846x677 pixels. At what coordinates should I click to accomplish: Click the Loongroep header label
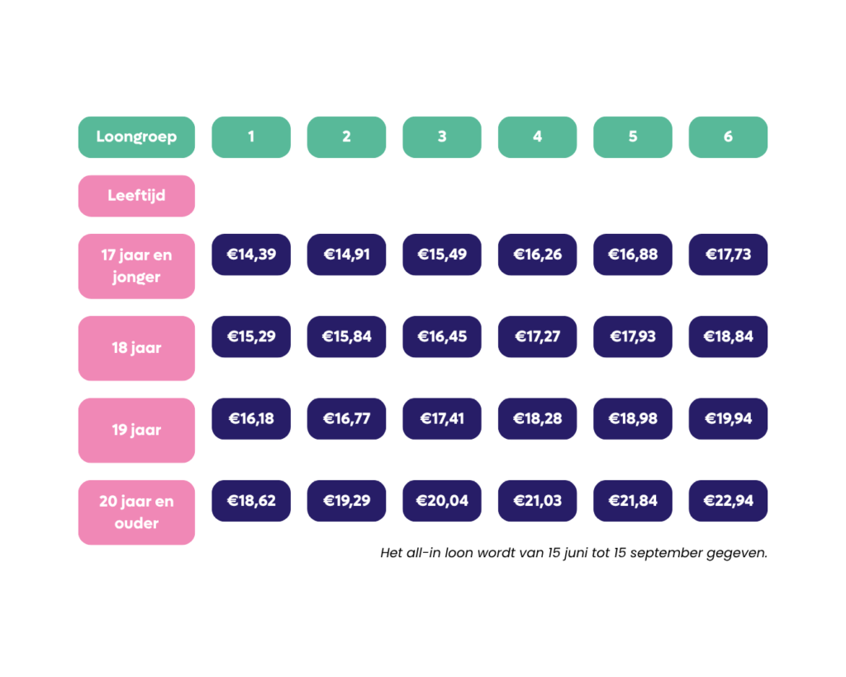[x=136, y=137]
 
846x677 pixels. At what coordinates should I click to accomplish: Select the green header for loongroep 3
[x=442, y=137]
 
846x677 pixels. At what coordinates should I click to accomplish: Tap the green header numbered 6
[x=728, y=137]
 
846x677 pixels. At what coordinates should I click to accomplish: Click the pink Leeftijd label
[x=136, y=195]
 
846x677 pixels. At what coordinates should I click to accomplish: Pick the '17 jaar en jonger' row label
[x=136, y=266]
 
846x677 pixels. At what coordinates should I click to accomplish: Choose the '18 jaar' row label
[x=136, y=348]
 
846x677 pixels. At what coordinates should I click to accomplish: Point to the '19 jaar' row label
[x=136, y=431]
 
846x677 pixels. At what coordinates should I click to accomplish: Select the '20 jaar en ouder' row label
[x=136, y=513]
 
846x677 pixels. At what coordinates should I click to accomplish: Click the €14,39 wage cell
[x=251, y=255]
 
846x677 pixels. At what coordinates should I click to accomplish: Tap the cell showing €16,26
[x=537, y=255]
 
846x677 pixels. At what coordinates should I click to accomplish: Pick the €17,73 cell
[x=728, y=255]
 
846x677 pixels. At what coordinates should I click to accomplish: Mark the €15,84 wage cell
[x=346, y=336]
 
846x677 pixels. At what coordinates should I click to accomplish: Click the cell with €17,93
[x=633, y=336]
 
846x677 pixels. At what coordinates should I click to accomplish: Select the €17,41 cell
[x=442, y=418]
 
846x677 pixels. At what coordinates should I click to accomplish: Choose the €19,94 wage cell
[x=728, y=418]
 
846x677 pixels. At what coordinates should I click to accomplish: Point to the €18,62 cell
[x=251, y=500]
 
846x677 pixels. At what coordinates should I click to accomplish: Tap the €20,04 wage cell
[x=442, y=500]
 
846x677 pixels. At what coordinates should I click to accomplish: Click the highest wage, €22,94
[x=728, y=500]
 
